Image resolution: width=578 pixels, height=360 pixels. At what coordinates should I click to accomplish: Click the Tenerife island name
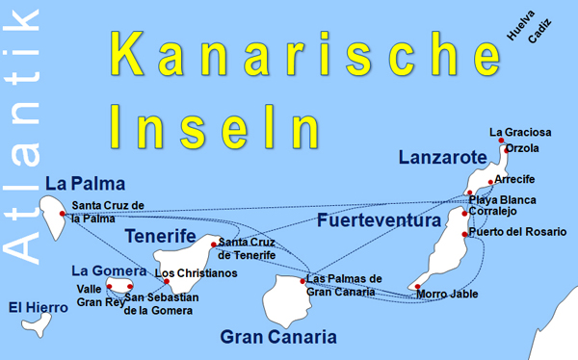click(161, 238)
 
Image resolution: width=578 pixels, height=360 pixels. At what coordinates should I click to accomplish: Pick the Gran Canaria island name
click(278, 337)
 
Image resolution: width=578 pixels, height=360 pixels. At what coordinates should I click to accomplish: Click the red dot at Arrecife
click(490, 181)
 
